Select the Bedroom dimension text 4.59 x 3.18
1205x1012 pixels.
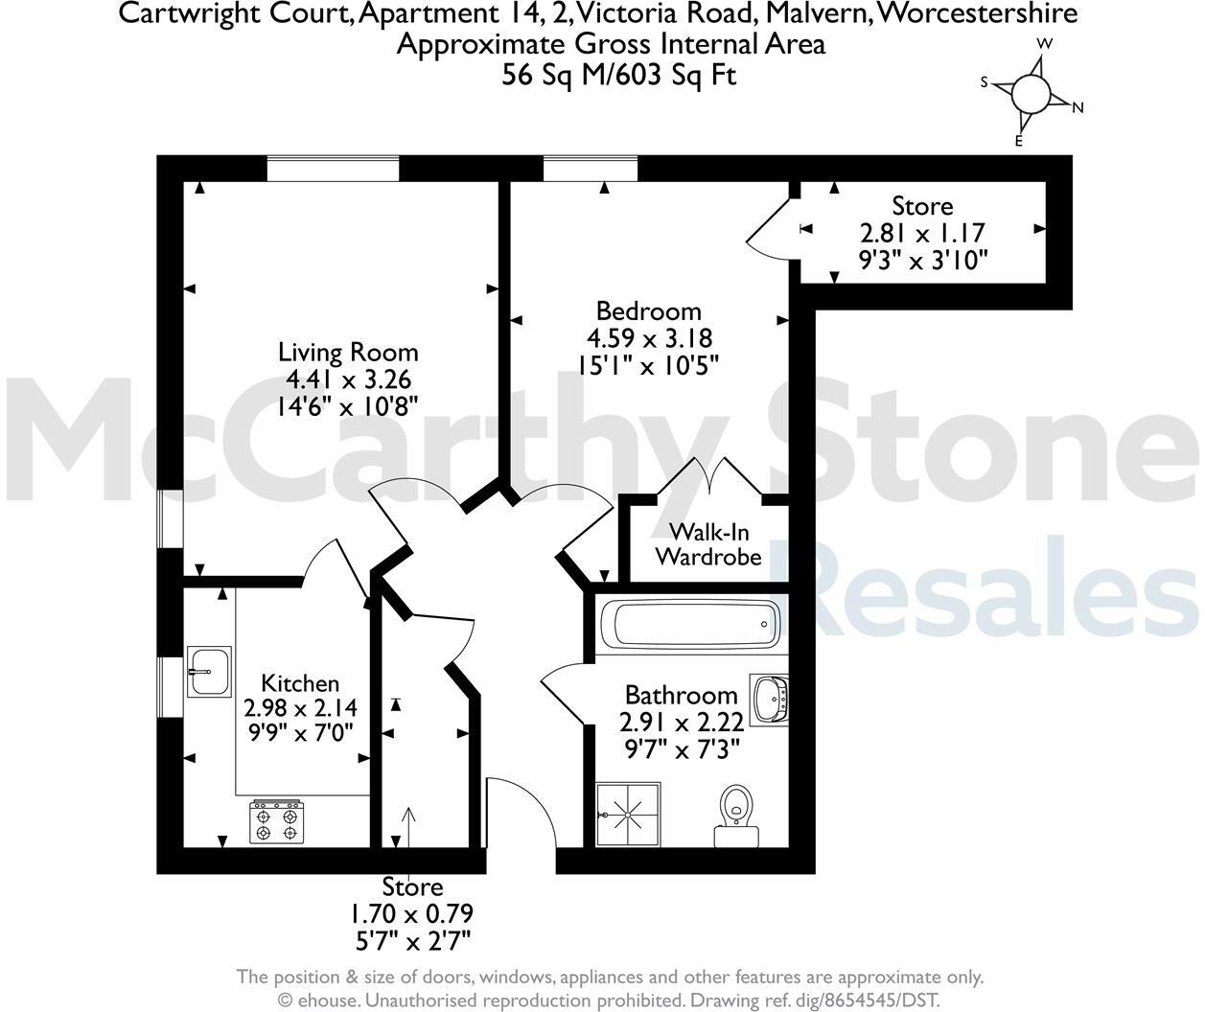[x=649, y=338]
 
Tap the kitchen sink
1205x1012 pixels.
[x=208, y=672]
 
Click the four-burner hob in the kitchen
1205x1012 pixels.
[x=277, y=822]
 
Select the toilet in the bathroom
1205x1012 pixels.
[x=736, y=815]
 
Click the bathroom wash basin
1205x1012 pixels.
[x=771, y=699]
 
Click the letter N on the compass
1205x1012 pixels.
[x=1078, y=107]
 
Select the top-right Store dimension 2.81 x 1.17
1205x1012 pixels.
[x=922, y=233]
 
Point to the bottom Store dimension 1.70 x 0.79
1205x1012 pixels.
[x=413, y=913]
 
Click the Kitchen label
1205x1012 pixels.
[x=300, y=683]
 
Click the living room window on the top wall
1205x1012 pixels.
[x=333, y=169]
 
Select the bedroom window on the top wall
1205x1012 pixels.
[x=591, y=169]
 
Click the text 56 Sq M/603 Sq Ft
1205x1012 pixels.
[x=619, y=75]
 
